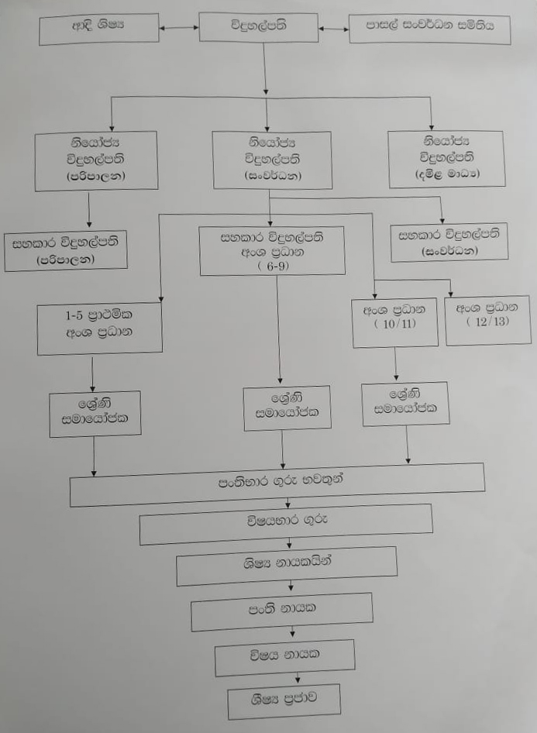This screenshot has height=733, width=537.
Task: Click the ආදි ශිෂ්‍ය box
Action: [98, 29]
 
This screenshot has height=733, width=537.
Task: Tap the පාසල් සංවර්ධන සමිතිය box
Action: [429, 29]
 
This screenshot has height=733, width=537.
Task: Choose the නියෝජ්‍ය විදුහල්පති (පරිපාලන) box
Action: [96, 160]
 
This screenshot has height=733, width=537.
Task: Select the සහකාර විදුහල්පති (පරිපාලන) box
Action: [66, 251]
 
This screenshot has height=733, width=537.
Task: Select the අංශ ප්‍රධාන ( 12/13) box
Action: [488, 318]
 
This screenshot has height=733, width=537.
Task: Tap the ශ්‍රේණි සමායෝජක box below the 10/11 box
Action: [406, 404]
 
